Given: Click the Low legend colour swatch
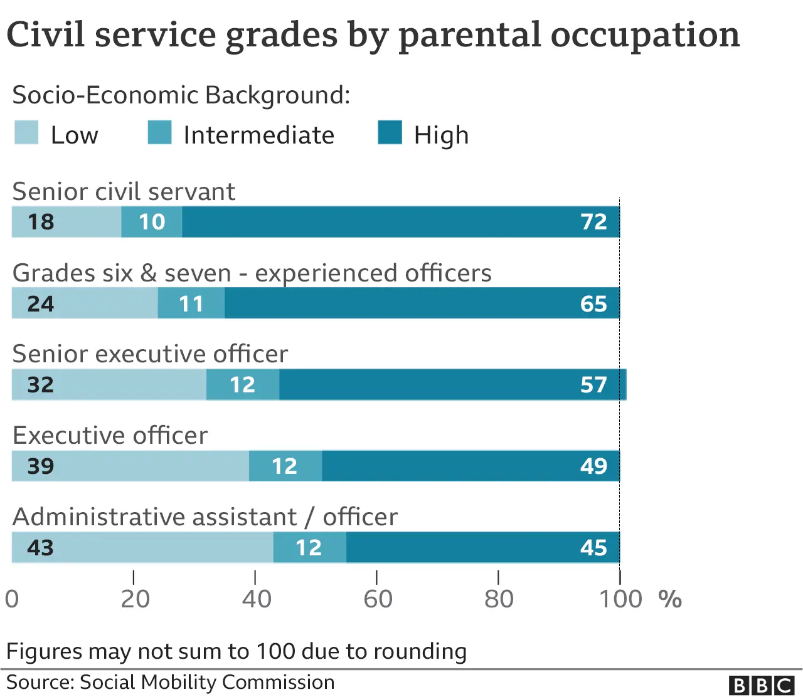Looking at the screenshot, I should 26,133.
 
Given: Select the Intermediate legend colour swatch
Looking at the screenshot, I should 159,133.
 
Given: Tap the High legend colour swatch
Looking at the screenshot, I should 390,133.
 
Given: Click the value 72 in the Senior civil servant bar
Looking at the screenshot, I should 593,222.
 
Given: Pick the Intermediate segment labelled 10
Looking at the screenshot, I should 152,222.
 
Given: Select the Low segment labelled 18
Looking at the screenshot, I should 66,222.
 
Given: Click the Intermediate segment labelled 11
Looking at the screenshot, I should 191,303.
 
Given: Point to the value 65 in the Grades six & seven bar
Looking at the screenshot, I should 593,303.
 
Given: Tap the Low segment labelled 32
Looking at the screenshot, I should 109,385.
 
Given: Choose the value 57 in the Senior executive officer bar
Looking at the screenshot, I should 593,385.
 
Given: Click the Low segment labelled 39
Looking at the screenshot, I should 130,466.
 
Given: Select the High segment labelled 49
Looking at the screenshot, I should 471,466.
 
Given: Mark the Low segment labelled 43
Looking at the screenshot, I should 142,548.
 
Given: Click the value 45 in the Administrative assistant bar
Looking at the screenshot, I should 593,548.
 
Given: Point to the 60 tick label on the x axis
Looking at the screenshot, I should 378,599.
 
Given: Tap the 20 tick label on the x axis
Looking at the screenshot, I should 135,599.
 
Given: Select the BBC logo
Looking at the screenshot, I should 762,685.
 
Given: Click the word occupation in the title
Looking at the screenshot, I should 646,35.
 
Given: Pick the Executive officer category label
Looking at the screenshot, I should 110,436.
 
